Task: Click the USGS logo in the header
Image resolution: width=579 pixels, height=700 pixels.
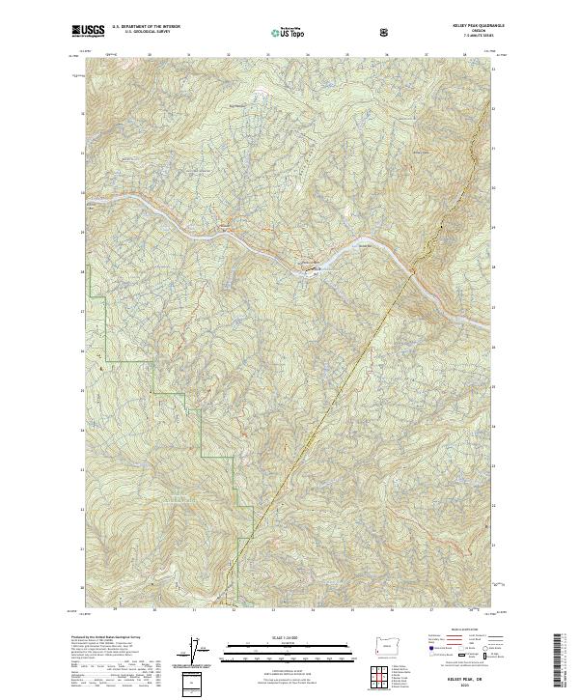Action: (x=90, y=32)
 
